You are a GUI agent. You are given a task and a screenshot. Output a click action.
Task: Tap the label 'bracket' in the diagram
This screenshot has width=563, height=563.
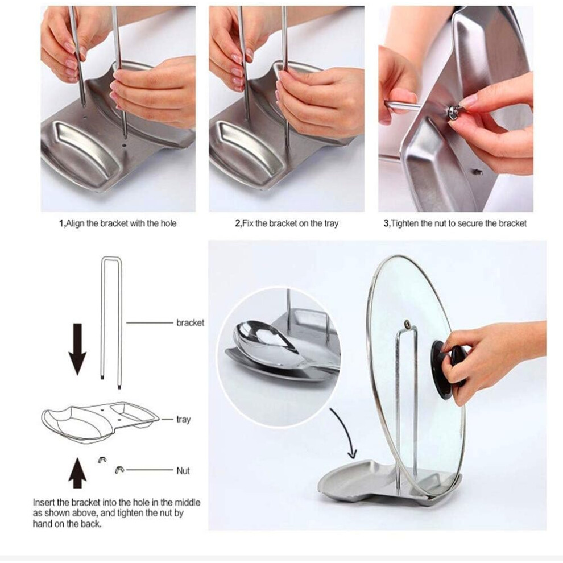coord(190,323)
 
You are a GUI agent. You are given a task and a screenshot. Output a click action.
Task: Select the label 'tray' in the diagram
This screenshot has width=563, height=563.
coord(183,419)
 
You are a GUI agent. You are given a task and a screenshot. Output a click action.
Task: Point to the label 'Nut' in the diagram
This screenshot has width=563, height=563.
coord(183,470)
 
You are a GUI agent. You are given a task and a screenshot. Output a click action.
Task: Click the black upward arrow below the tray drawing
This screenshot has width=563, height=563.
coord(77,473)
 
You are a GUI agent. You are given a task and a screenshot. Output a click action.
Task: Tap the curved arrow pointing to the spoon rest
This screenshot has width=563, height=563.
coord(345,433)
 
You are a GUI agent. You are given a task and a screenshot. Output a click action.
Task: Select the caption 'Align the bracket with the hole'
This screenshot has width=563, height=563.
coord(121,223)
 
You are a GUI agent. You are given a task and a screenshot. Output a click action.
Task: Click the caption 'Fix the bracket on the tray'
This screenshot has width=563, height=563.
coord(290,223)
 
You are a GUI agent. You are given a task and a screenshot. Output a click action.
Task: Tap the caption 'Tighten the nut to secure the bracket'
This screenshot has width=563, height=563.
coord(458,223)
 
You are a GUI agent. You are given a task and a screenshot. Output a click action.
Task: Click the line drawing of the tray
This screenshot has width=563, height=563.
coord(101,422)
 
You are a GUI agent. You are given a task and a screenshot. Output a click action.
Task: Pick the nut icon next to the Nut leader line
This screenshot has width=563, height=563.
coord(119,470)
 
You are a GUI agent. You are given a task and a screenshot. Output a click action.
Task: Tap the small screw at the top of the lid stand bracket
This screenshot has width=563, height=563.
coord(407,324)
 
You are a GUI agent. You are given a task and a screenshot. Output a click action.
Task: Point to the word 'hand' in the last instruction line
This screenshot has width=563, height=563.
coord(43,524)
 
